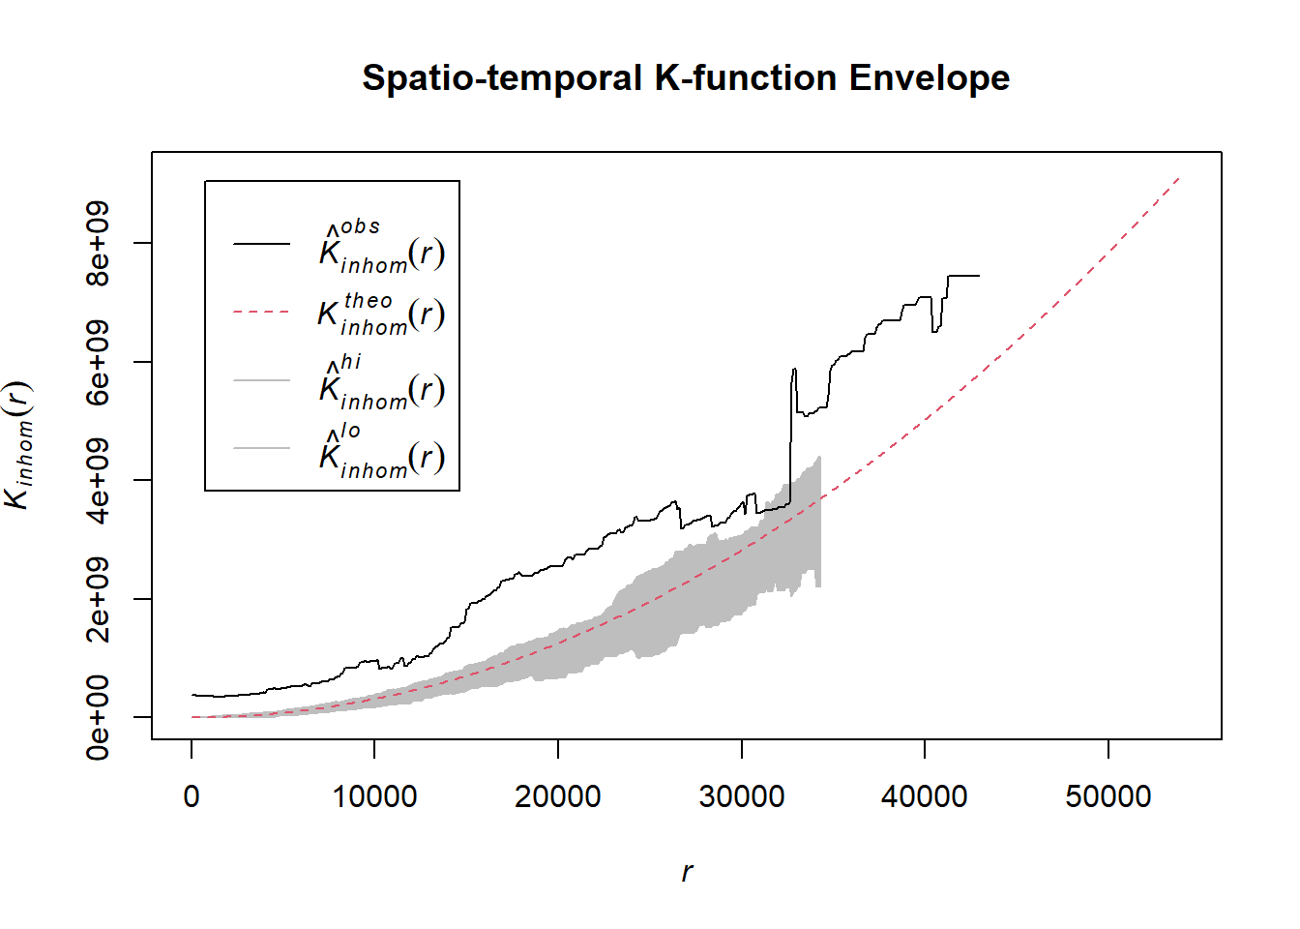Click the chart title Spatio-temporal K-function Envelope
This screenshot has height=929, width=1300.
(x=685, y=77)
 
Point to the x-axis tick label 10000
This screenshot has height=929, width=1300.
(x=374, y=796)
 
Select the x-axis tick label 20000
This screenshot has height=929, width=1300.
(x=558, y=796)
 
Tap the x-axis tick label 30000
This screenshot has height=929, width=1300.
(x=742, y=796)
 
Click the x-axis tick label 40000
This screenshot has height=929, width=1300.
(x=925, y=796)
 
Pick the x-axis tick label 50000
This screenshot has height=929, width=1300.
(x=1108, y=796)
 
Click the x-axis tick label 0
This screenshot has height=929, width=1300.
(x=192, y=796)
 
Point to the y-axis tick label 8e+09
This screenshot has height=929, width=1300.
(x=98, y=243)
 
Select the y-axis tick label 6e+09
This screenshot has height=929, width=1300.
(x=98, y=362)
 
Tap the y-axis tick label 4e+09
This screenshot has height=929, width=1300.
(x=98, y=480)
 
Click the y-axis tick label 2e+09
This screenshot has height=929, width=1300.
(x=98, y=599)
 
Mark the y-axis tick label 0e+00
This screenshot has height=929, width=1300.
(x=98, y=717)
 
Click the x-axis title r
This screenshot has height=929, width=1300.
(x=687, y=872)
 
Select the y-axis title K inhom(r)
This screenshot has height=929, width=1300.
(x=19, y=445)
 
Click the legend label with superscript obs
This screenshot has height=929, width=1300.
(x=381, y=248)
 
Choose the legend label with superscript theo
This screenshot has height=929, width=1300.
(x=381, y=314)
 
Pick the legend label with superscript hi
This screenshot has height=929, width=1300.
(x=381, y=383)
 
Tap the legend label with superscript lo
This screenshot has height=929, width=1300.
(x=381, y=451)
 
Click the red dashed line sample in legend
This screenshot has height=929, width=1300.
(x=261, y=313)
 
